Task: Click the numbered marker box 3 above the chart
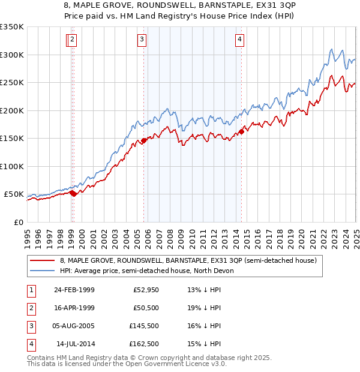coord(142,40)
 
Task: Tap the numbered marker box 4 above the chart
coord(239,40)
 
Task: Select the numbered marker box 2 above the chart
coord(72,40)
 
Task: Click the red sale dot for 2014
coord(241,131)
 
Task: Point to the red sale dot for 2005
coord(143,142)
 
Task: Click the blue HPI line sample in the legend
coord(43,271)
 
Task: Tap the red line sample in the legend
coord(43,260)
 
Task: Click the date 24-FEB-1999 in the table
coord(74,290)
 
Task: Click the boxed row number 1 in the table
coord(31,290)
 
